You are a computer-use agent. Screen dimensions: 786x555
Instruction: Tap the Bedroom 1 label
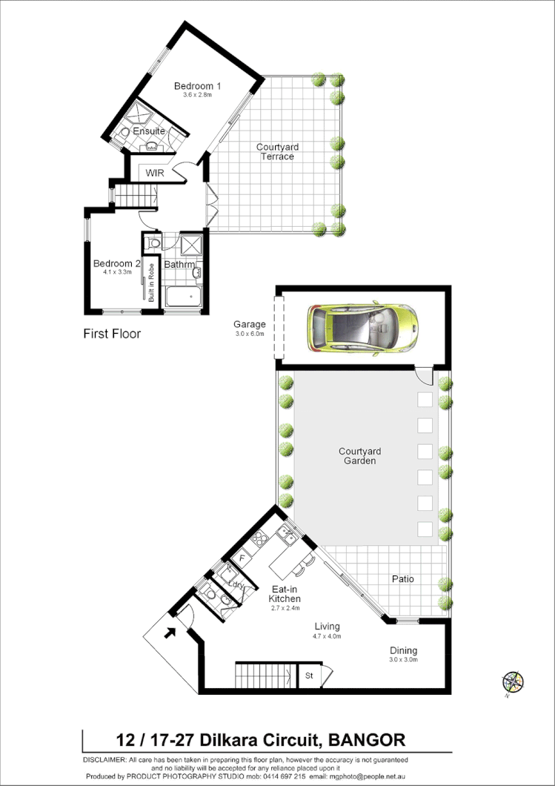click(x=197, y=85)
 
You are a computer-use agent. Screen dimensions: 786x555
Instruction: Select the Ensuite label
click(x=149, y=131)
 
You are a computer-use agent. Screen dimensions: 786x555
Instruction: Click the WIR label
click(x=155, y=173)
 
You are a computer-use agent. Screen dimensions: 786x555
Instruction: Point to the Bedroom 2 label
click(x=117, y=263)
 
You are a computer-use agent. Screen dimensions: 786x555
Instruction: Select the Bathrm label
click(x=179, y=265)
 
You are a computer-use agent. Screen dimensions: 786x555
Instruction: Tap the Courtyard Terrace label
click(x=276, y=151)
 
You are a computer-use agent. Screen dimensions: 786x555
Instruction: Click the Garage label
click(x=249, y=324)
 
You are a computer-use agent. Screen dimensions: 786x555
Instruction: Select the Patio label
click(x=402, y=578)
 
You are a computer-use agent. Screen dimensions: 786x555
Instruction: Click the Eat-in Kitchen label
click(x=284, y=593)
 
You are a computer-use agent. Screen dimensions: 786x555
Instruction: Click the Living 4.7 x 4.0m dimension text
click(x=327, y=635)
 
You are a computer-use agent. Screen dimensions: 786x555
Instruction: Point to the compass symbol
click(x=512, y=681)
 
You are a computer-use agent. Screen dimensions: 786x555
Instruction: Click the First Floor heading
click(x=112, y=334)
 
